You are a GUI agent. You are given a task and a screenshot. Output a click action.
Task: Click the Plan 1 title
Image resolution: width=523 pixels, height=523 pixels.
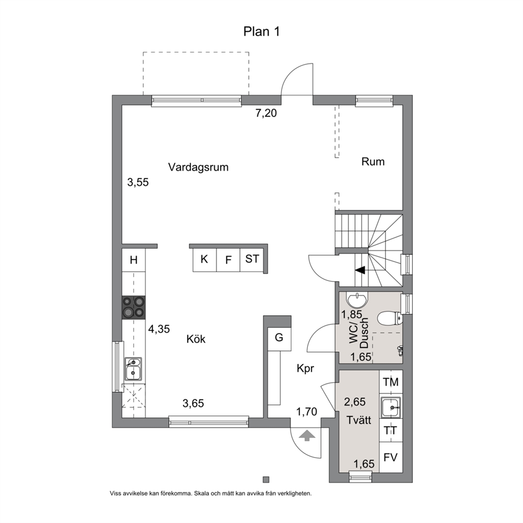pos(261,32)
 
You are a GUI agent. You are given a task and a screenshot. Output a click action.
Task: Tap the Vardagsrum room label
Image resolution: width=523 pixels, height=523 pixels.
pos(198,167)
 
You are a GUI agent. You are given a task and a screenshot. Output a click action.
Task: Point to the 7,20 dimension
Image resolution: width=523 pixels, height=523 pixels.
pos(266,113)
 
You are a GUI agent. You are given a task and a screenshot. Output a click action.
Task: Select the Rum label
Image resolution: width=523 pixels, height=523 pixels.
pos(373,162)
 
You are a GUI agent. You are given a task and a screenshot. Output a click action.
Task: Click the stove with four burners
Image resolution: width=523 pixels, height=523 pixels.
pos(133,307)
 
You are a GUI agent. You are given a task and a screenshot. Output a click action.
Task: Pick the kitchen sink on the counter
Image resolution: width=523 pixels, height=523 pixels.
pos(133,369)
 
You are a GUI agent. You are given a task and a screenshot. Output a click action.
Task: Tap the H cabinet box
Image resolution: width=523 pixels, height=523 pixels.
pos(133,260)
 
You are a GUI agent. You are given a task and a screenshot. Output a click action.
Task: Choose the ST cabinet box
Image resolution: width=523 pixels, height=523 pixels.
pos(252,259)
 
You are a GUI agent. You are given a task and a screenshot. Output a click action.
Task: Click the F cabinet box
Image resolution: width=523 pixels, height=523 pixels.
pos(228,259)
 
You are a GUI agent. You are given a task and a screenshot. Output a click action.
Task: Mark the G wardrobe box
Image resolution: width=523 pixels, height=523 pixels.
pos(279,338)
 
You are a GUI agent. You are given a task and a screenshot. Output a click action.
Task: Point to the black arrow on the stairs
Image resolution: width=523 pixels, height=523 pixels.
pos(360,270)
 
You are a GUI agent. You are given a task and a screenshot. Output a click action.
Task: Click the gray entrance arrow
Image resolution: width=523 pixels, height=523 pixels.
pos(307,435)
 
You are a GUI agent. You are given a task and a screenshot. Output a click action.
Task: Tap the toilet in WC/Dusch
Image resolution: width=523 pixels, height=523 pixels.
pos(390,318)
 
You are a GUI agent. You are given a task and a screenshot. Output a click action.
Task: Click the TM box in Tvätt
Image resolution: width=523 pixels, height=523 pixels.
pos(391,382)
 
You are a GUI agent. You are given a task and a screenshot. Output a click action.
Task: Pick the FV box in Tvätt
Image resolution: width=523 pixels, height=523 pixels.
pos(391,457)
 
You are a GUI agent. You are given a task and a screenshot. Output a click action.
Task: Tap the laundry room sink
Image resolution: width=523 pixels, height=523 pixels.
pos(391,407)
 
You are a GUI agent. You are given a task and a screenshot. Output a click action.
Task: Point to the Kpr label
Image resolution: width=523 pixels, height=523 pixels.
pos(305,369)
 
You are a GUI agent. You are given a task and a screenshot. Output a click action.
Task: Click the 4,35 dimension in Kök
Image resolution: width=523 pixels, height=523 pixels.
pos(159,329)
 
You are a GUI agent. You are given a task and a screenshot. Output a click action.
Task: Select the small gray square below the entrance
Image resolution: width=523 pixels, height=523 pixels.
pos(266,480)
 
